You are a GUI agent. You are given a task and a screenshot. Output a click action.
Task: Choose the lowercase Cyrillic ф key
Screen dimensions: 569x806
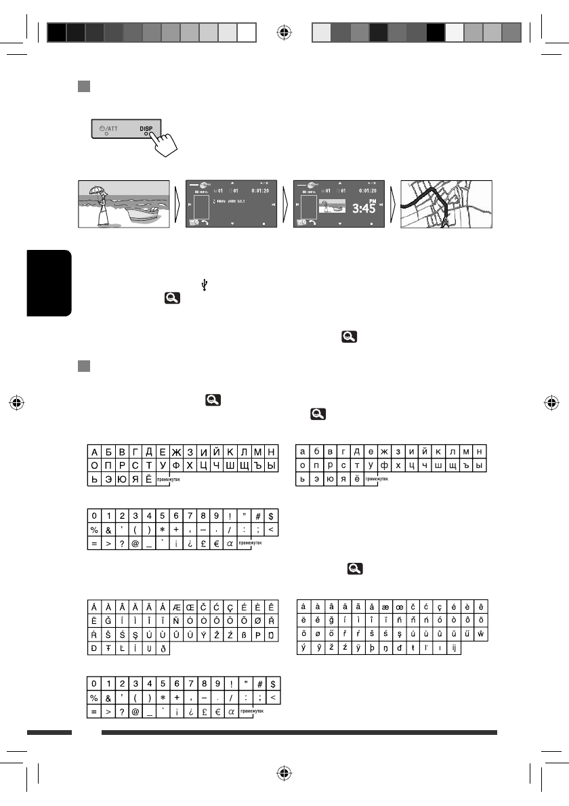click(x=387, y=466)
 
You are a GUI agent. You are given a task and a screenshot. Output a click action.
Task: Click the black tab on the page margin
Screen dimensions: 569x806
click(x=49, y=282)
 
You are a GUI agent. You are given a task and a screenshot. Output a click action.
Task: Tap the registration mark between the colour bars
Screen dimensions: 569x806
click(x=284, y=32)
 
